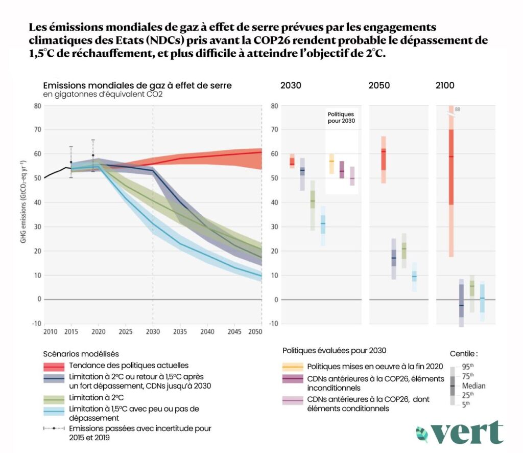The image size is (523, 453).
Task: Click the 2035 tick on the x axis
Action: [x=180, y=332]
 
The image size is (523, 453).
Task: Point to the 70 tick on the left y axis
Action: [x=37, y=130]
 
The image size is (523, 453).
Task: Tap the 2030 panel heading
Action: [x=291, y=85]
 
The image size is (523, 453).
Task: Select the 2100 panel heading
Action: [x=444, y=85]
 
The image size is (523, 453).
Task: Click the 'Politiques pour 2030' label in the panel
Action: [x=341, y=118]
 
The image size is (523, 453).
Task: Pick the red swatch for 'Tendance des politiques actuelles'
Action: [x=54, y=366]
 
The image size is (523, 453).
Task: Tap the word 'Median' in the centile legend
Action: [x=473, y=386]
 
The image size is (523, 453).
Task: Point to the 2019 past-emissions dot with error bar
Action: [x=93, y=155]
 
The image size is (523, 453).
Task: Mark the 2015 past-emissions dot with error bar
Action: [x=71, y=162]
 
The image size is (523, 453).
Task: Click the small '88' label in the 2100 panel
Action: [x=458, y=109]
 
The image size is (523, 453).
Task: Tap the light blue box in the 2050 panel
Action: [x=414, y=277]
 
